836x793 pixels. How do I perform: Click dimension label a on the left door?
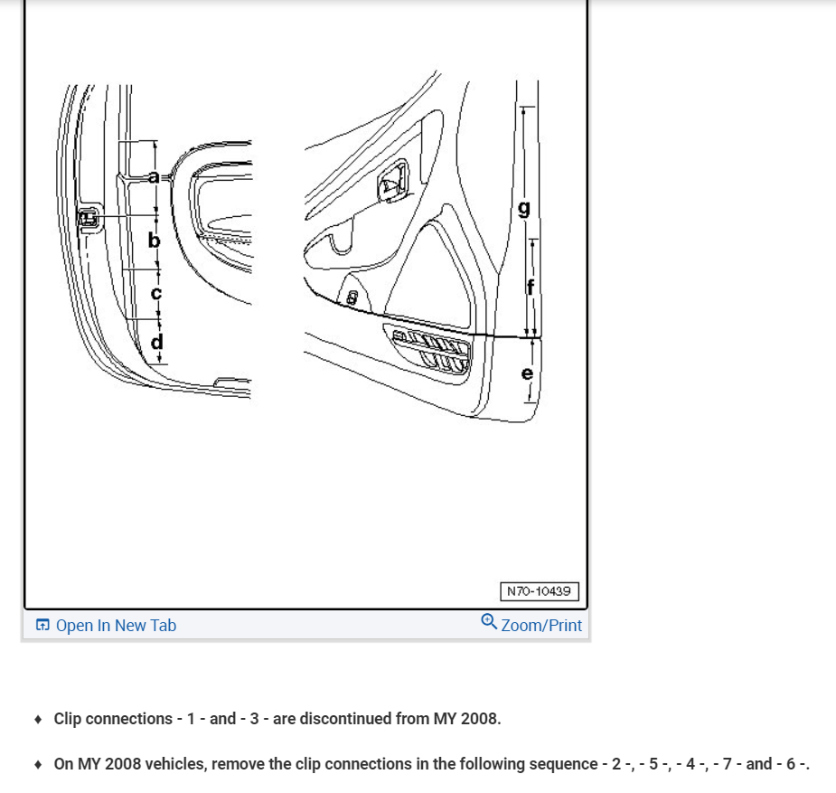tap(154, 176)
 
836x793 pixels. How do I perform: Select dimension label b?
tap(155, 241)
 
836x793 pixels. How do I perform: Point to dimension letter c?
tap(155, 293)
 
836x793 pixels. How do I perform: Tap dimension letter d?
tap(157, 342)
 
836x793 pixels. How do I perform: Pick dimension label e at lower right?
tap(528, 373)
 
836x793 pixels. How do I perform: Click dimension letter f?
tap(531, 287)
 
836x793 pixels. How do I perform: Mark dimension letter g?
tap(524, 209)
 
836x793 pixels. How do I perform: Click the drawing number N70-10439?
tap(539, 591)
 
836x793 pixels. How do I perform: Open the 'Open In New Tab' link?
tap(116, 625)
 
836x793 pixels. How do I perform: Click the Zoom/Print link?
tap(541, 625)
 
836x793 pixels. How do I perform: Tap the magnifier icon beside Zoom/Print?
tap(489, 622)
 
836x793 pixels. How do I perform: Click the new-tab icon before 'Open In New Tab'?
tap(42, 625)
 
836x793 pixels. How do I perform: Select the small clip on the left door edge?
tap(90, 218)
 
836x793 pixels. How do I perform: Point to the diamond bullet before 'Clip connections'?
tap(37, 720)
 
